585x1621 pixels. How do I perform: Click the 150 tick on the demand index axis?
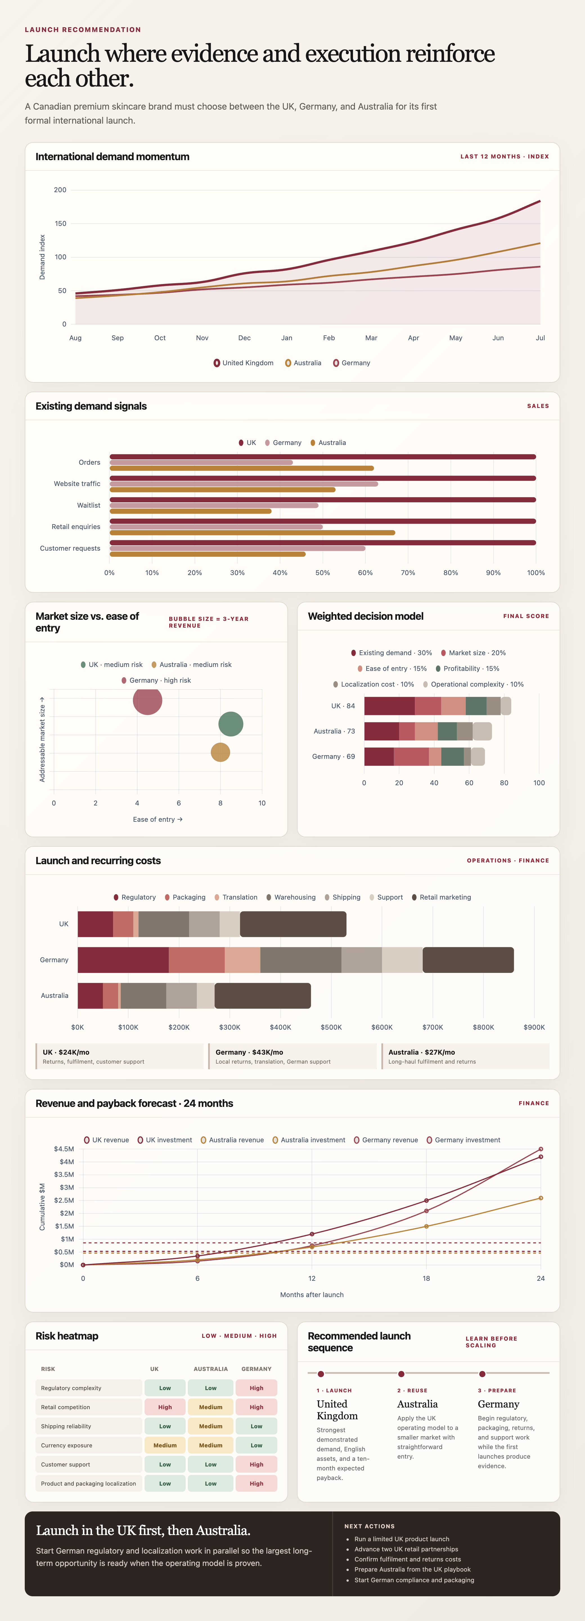[60, 223]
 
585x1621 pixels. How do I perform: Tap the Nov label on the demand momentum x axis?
[202, 338]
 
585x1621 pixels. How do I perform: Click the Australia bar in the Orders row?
[242, 468]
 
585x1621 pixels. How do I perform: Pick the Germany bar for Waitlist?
[214, 505]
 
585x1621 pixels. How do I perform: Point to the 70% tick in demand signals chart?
[408, 573]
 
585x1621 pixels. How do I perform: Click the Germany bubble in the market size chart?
[147, 700]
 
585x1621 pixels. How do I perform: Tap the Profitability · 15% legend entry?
[467, 668]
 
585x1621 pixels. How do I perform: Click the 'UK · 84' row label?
[343, 706]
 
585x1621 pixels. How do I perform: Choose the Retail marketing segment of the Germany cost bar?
[468, 960]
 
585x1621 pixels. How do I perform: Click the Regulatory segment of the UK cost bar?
[95, 924]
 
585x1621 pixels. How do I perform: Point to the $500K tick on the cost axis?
[331, 1027]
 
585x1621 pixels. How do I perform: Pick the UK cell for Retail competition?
[165, 1407]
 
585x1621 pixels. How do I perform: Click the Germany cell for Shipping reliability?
[256, 1426]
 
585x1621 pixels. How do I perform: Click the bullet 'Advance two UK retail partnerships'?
[406, 1549]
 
